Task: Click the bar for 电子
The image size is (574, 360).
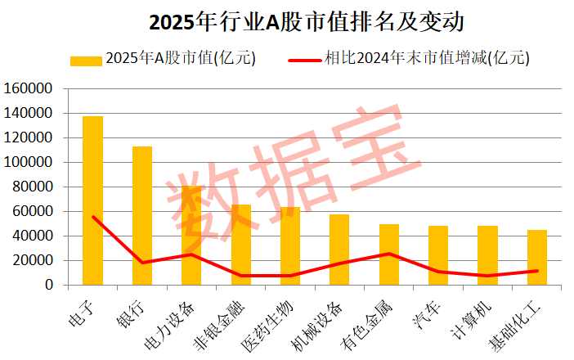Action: point(92,200)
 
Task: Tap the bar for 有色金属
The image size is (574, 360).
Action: point(389,254)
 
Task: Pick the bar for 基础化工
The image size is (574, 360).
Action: point(537,257)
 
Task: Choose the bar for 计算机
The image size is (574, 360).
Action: point(487,255)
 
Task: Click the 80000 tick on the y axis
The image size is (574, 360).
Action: point(36,187)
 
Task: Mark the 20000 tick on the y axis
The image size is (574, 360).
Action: point(36,260)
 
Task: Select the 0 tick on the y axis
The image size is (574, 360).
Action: point(50,285)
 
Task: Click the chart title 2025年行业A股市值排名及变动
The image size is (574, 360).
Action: point(288,22)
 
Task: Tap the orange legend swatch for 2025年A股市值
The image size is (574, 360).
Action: point(86,59)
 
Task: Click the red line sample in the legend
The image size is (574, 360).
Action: point(304,59)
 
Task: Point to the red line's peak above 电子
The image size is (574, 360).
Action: point(92,216)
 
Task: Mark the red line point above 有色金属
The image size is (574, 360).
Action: point(389,254)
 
